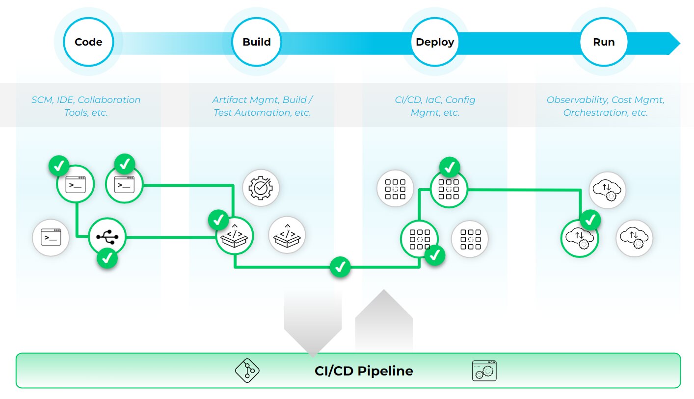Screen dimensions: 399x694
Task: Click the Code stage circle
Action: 88,42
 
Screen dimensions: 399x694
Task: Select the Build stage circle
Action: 257,42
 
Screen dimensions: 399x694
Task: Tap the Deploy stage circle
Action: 435,42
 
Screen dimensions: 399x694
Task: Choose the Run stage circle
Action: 604,42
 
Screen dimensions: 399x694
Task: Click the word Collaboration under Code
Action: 109,100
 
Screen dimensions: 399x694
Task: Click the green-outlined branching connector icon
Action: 107,237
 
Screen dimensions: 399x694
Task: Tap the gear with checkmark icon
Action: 261,187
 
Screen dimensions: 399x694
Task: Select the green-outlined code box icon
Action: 235,235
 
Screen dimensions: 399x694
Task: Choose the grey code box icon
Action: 287,234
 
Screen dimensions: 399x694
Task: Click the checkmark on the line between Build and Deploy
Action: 340,267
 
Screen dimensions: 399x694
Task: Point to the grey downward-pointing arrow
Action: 313,324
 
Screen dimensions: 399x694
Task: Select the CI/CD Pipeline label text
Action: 364,371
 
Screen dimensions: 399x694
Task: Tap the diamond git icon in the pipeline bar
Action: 246,371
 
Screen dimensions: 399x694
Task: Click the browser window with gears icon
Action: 484,371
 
